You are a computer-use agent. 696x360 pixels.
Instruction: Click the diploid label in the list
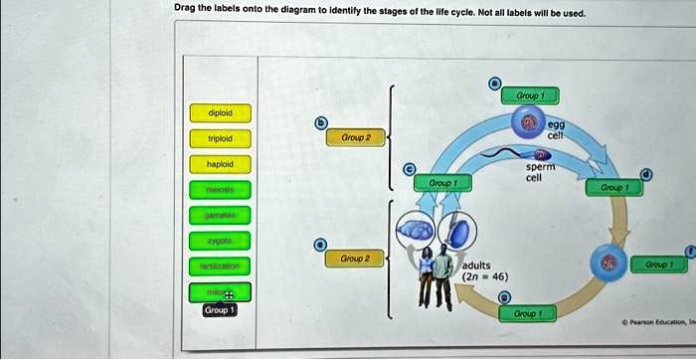[220, 112]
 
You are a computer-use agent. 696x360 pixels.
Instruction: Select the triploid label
[220, 138]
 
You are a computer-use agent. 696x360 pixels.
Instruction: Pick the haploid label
[220, 163]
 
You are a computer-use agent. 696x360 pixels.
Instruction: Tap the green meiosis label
[220, 189]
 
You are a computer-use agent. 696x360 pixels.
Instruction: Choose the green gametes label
[220, 215]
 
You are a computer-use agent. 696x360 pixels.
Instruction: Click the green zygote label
[220, 241]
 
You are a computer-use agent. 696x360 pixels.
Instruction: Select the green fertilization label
[220, 267]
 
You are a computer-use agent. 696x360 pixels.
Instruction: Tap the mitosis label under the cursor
[220, 292]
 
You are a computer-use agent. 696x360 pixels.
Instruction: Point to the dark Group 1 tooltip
[219, 310]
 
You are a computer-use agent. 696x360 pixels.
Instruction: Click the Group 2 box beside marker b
[356, 138]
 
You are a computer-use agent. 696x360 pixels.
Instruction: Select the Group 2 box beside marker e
[356, 259]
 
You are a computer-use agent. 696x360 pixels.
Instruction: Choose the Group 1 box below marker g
[527, 313]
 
